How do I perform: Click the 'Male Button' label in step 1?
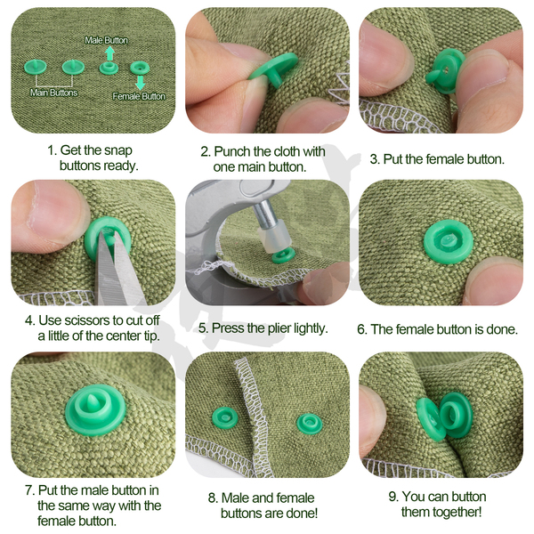pos(106,40)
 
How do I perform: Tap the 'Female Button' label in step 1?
pos(139,96)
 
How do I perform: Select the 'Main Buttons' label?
pos(53,93)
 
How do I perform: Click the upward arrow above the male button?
pos(109,53)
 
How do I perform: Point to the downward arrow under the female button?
pos(140,83)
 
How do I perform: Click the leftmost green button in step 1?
pos(35,67)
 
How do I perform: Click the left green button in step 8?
pos(225,417)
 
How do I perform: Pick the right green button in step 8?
pos(309,424)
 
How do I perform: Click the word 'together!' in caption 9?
pos(441,512)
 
